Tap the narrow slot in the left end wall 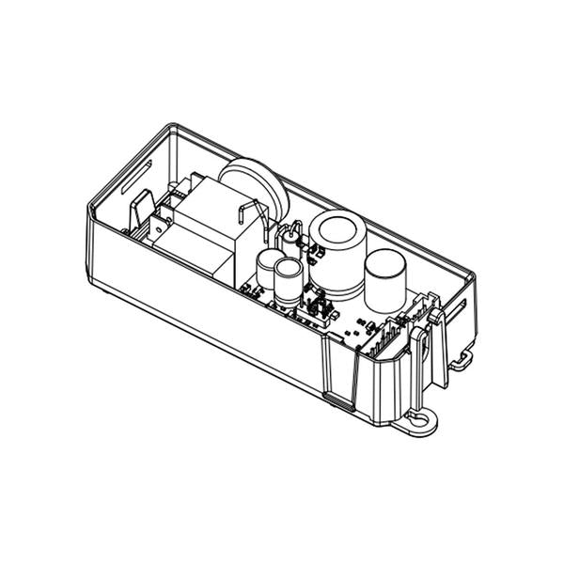pos(147,173)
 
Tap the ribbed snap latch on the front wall pos(340,371)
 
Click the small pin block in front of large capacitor pos(317,308)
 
